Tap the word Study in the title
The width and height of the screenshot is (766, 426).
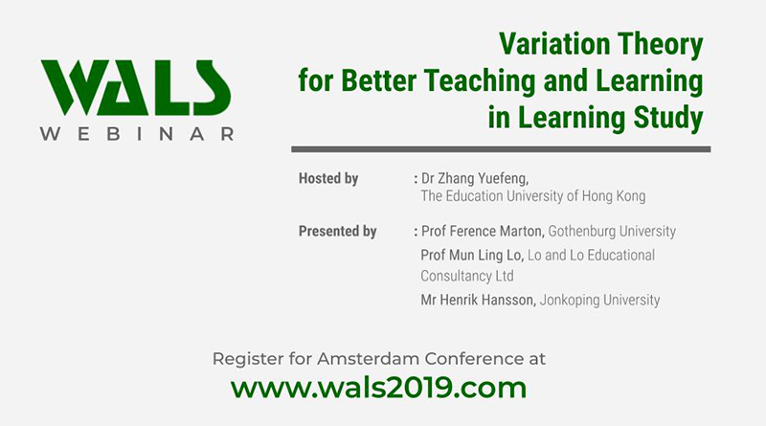pos(665,119)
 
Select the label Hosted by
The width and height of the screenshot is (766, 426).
pos(328,178)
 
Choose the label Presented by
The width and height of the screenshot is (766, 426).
pos(337,231)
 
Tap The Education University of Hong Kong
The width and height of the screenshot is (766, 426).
pos(533,196)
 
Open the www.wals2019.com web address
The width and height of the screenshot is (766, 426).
pos(379,388)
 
